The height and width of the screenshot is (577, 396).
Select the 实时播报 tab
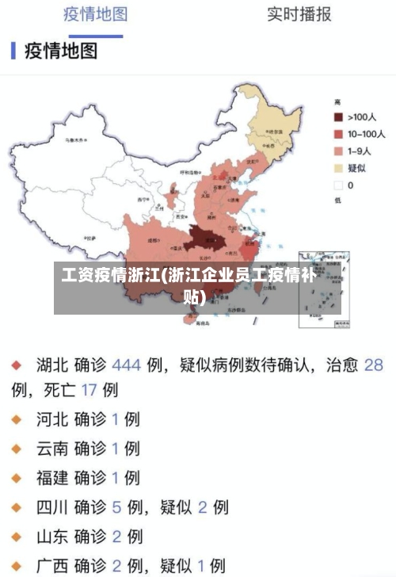pos(299,14)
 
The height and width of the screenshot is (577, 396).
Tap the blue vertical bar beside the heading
pos(13,51)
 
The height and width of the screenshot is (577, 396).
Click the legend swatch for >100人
pos(338,118)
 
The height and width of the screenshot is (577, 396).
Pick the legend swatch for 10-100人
pos(338,135)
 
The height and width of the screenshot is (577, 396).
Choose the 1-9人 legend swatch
pos(338,151)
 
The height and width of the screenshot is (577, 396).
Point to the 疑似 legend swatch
pos(338,168)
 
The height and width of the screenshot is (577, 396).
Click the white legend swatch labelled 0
pos(338,185)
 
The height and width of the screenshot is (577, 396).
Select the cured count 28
pos(373,366)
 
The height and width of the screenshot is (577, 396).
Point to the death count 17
pos(88,390)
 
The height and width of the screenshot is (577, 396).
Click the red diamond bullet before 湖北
pos(16,366)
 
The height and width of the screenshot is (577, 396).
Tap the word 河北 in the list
pos(51,418)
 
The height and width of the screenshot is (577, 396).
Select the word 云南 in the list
pos(51,448)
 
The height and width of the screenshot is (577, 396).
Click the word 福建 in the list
pos(51,477)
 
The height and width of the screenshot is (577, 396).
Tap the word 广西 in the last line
pos(51,565)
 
